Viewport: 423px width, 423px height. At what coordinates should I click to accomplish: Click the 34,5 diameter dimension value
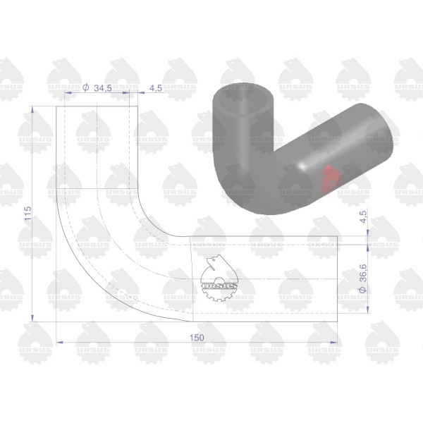tap(103, 88)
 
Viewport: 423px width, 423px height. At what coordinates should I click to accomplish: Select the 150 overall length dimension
tap(197, 338)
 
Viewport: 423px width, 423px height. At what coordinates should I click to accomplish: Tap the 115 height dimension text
tap(27, 214)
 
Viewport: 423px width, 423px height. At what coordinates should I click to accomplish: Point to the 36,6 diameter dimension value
tap(363, 273)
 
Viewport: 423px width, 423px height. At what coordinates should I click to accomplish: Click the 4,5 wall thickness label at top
tap(156, 88)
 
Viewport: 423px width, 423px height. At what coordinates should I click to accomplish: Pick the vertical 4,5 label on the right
tap(363, 216)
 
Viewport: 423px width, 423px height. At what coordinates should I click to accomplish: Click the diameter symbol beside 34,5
tap(85, 87)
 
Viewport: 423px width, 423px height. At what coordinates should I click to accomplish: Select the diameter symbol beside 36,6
tap(363, 290)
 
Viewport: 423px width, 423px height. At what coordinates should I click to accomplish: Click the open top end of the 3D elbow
tap(243, 100)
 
